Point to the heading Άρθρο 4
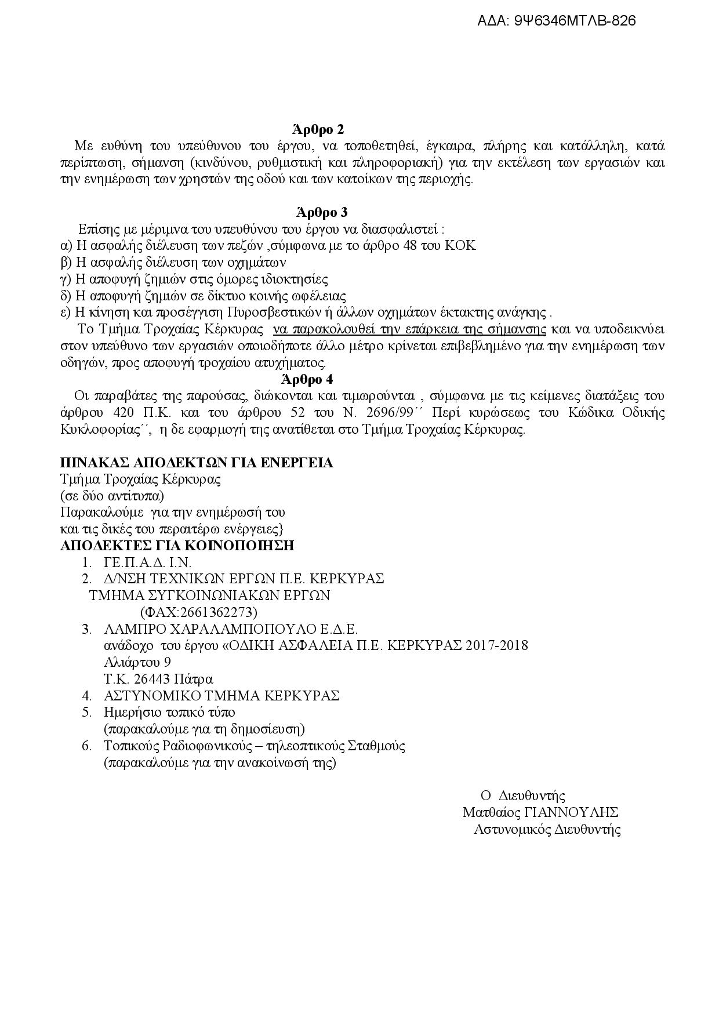coord(307,379)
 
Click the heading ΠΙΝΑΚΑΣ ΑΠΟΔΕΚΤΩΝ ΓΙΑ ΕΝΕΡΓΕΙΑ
coord(197,463)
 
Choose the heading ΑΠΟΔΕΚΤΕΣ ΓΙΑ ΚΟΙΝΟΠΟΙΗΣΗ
coord(177,546)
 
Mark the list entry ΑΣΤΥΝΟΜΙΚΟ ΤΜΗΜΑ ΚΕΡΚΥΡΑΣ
coord(221,696)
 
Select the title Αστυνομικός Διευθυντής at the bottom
coord(547,829)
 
